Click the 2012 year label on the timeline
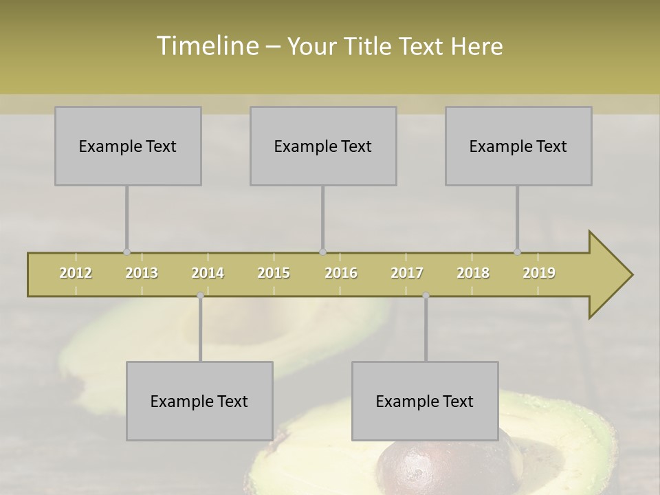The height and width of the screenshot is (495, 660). coord(76,273)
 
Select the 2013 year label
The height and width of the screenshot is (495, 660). coord(142,273)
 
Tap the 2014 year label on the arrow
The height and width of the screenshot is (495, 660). coord(208,273)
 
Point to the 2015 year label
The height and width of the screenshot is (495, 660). coord(274,273)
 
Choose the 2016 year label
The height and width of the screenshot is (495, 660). coord(341,273)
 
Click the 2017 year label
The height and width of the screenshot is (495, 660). coord(407,273)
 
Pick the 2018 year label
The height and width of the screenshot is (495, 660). coord(473,273)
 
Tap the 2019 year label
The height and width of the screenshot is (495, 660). coord(539,273)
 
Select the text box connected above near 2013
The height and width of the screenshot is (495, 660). coord(128,146)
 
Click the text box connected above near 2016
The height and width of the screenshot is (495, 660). coord(323,146)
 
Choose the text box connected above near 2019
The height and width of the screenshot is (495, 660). coord(518,146)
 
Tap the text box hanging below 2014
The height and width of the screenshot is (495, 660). coord(199,401)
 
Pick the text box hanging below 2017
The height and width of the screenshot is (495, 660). coord(425,401)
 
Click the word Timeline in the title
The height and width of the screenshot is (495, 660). coord(206,46)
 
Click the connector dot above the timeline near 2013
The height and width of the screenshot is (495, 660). coord(126,252)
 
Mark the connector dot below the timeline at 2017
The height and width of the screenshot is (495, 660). coord(426,296)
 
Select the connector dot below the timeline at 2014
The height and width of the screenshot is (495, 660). coord(200,296)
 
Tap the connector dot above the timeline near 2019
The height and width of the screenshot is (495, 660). coord(517,252)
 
